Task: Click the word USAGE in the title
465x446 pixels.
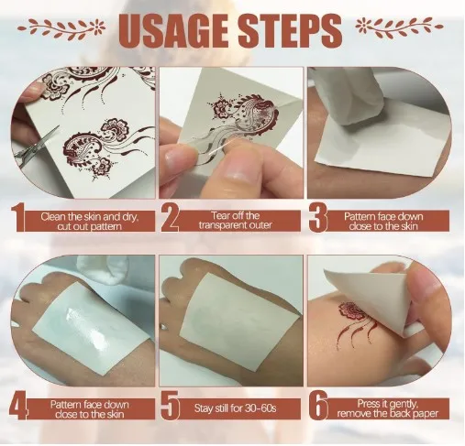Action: pyautogui.click(x=176, y=31)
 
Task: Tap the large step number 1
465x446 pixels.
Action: pyautogui.click(x=17, y=219)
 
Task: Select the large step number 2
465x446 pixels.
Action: pyautogui.click(x=170, y=219)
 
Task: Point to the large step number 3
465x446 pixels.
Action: pyautogui.click(x=317, y=219)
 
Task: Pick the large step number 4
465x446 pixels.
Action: pyautogui.click(x=19, y=407)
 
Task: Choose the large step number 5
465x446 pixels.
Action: pyautogui.click(x=170, y=407)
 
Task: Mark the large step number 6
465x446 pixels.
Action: pyautogui.click(x=318, y=407)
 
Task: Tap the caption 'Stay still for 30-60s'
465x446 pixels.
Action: pyautogui.click(x=235, y=408)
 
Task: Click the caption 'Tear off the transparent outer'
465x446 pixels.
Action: pyautogui.click(x=235, y=221)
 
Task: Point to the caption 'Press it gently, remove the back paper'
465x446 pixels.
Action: pyautogui.click(x=387, y=408)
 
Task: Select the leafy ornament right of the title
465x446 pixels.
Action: pyautogui.click(x=399, y=27)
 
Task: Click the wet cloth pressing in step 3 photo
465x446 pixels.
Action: pyautogui.click(x=351, y=98)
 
